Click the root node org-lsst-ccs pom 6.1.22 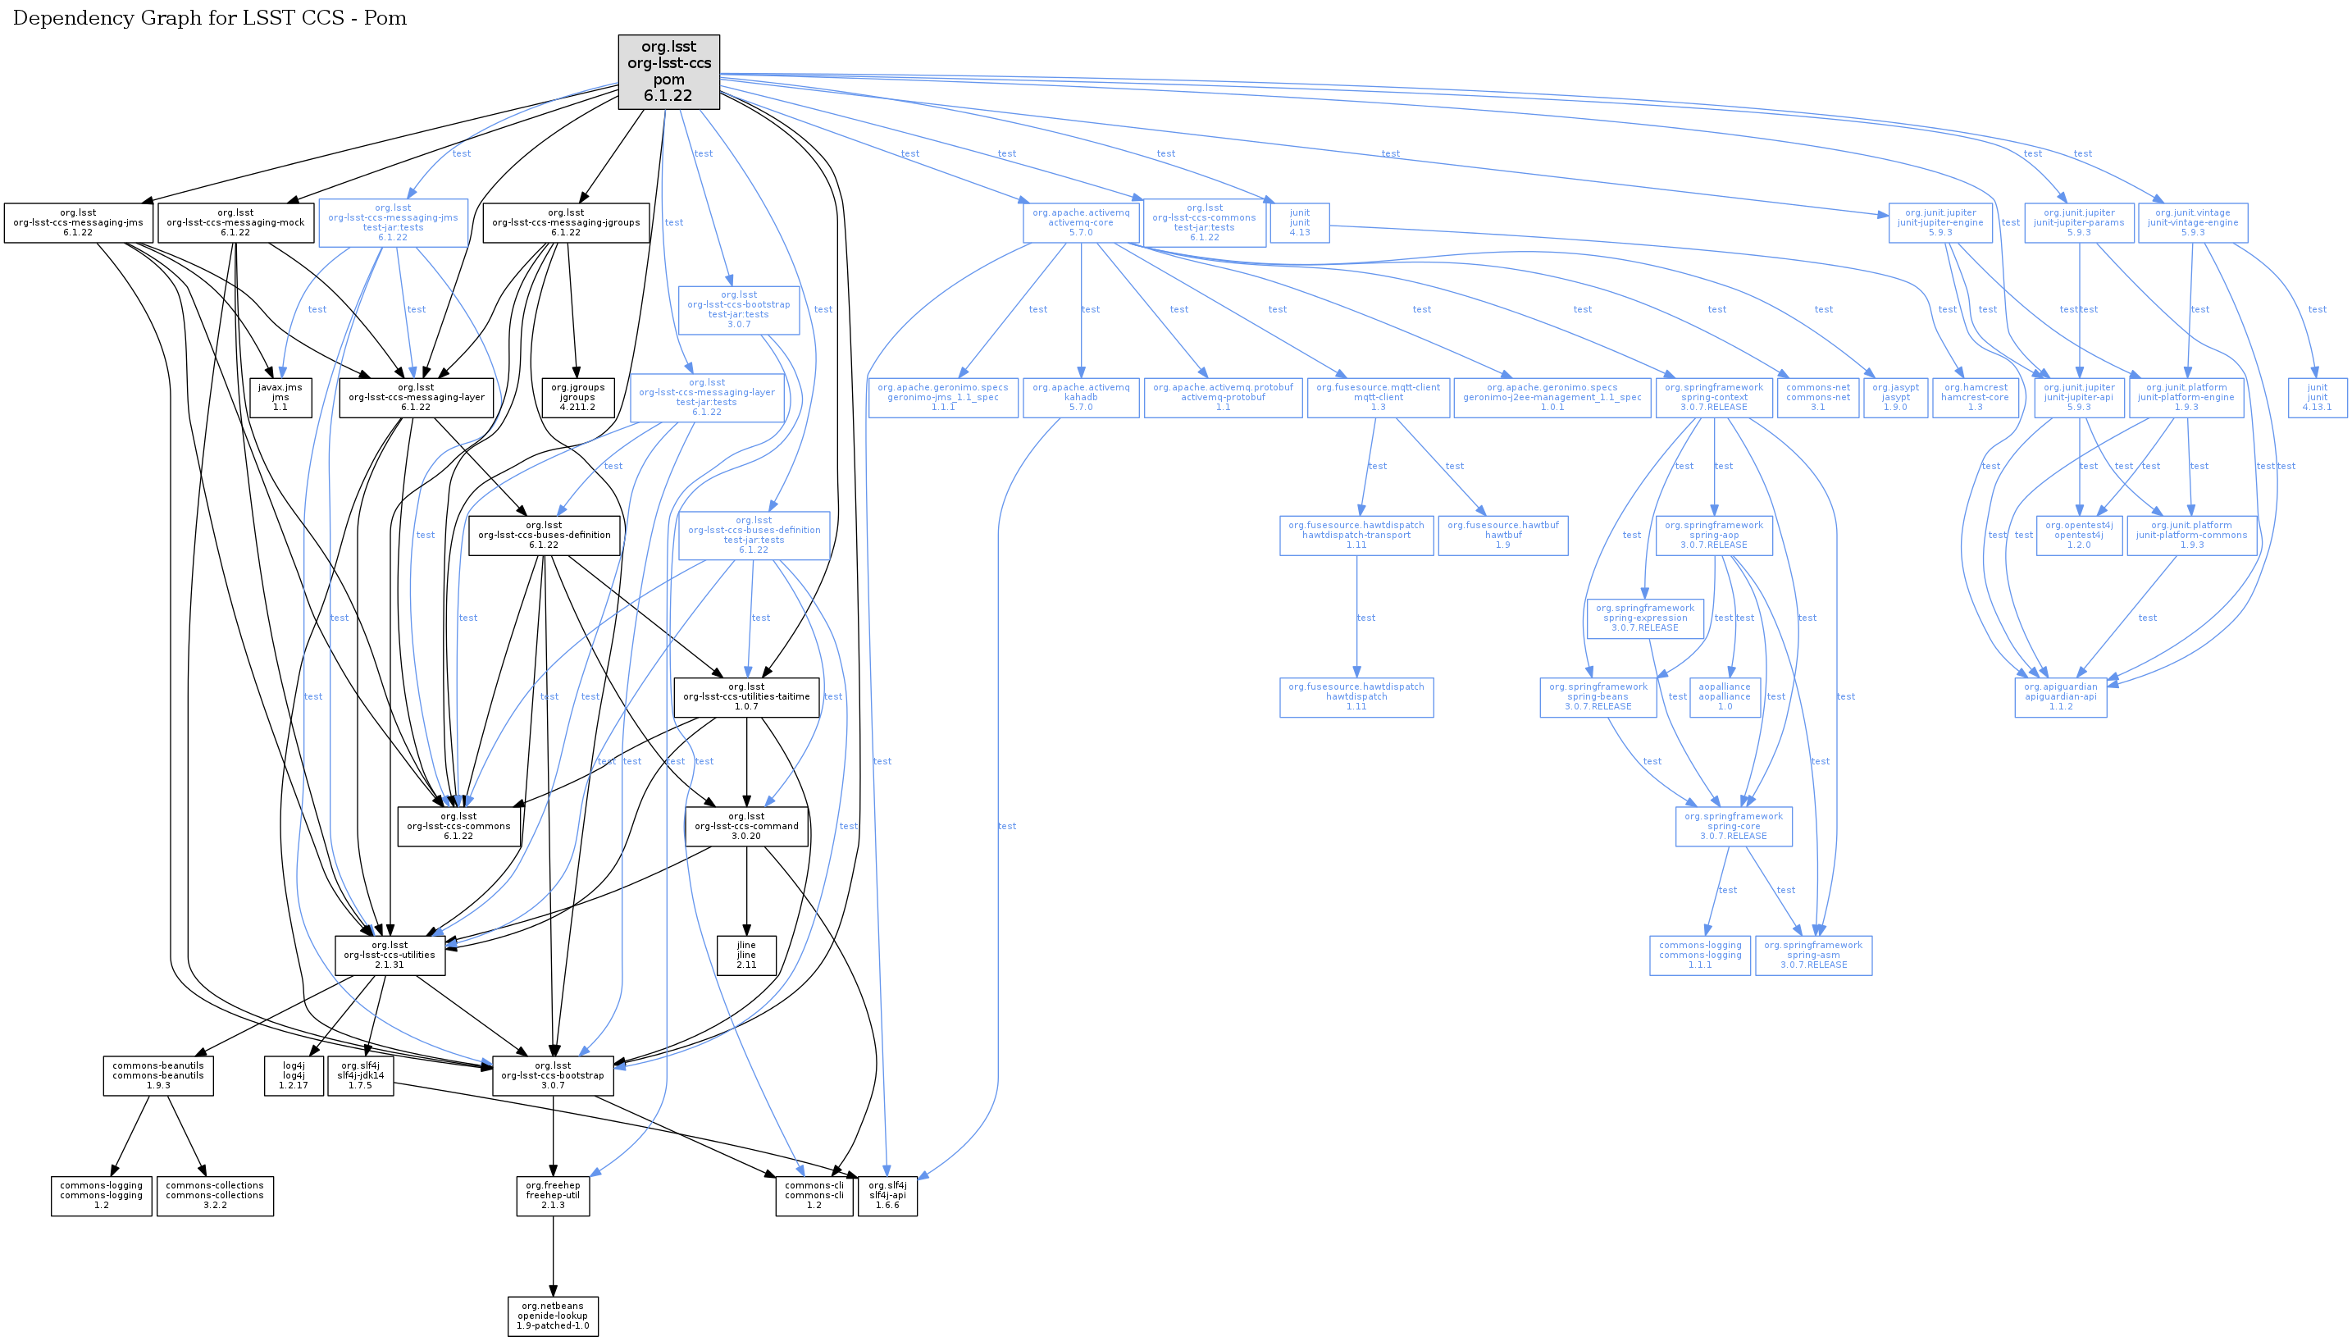(668, 71)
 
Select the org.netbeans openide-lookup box (553, 1316)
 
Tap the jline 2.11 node (746, 955)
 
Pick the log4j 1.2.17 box (294, 1074)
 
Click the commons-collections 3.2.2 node (215, 1196)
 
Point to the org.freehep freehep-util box (553, 1196)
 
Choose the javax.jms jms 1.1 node (280, 397)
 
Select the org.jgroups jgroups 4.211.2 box (577, 397)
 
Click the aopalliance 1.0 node (1725, 696)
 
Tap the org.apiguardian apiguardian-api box (2060, 696)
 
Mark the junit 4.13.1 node (2317, 397)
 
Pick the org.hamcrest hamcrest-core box (1976, 397)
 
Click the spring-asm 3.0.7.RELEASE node (1812, 955)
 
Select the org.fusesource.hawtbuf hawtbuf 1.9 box (1503, 535)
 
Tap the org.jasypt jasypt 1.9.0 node (1895, 397)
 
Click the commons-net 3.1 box (1818, 397)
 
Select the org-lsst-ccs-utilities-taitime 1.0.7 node (746, 696)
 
